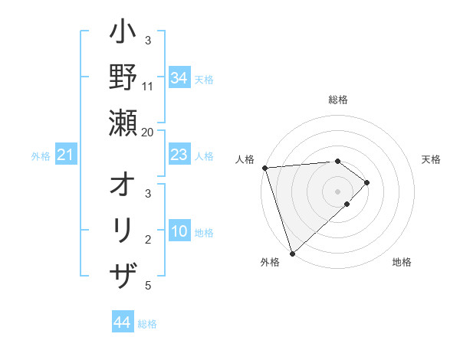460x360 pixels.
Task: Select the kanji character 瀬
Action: pos(123,123)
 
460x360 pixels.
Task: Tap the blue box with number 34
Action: pos(179,77)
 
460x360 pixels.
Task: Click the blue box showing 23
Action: pos(179,155)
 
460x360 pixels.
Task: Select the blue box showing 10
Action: pos(179,232)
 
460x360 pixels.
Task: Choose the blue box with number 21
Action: pos(66,155)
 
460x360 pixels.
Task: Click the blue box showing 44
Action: pos(123,322)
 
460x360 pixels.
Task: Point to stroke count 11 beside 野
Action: pos(148,87)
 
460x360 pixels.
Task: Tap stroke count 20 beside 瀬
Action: pos(148,132)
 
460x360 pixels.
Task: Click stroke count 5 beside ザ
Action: pos(148,286)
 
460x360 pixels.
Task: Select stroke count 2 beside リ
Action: pos(148,241)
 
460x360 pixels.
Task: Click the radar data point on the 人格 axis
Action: pos(264,168)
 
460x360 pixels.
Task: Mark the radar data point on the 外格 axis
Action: pos(292,253)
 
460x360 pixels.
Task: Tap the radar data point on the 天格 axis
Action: pos(367,182)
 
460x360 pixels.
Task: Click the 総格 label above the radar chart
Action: pos(338,100)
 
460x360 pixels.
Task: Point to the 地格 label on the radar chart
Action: pos(402,262)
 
